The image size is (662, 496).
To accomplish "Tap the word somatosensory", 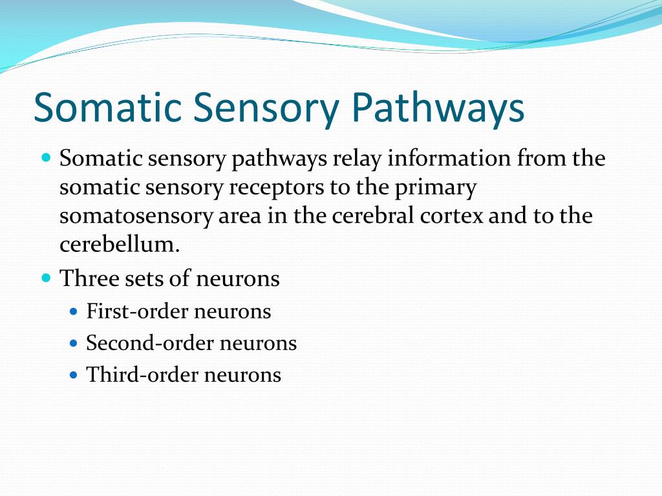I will click(134, 216).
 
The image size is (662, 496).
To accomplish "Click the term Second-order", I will click(150, 343).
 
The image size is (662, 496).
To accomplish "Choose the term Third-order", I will click(142, 375).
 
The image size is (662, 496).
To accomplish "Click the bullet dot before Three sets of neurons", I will click(46, 278).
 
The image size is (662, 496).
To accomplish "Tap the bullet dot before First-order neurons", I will click(73, 311).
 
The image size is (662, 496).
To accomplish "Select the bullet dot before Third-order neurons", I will click(73, 375).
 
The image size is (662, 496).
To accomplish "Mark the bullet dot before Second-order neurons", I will click(73, 343).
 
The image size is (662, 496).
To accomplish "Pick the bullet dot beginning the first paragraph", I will click(46, 158).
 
